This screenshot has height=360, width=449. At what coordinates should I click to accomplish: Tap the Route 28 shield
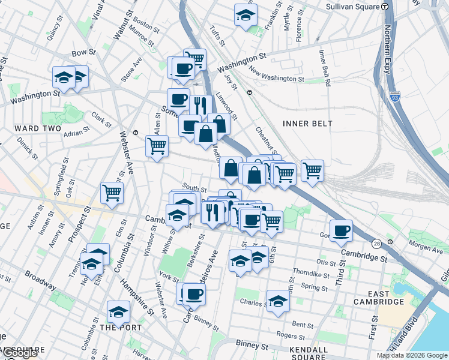(x=376, y=243)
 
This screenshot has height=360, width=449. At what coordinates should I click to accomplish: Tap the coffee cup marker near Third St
(x=341, y=232)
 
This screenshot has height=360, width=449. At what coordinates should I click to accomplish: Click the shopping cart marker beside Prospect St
(x=112, y=193)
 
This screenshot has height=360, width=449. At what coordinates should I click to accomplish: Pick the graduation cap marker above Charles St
(x=277, y=302)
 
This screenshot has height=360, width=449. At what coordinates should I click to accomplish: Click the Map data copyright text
(x=411, y=355)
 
